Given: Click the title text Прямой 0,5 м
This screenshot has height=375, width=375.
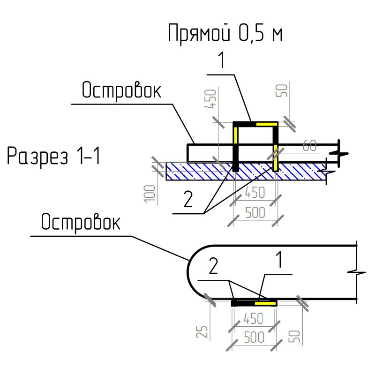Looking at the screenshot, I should pyautogui.click(x=225, y=34).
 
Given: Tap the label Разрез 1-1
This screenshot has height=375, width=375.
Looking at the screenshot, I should pyautogui.click(x=53, y=156).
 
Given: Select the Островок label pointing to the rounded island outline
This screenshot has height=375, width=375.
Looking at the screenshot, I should pyautogui.click(x=80, y=223).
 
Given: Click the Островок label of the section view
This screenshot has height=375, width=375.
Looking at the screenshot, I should pyautogui.click(x=121, y=90).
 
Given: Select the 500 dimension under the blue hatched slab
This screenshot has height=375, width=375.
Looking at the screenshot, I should pyautogui.click(x=255, y=212).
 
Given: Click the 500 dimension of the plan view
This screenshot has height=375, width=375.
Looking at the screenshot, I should pyautogui.click(x=255, y=337).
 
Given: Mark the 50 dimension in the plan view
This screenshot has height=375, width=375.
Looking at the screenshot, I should pyautogui.click(x=295, y=335).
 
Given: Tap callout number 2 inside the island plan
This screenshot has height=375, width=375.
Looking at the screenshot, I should pyautogui.click(x=213, y=266).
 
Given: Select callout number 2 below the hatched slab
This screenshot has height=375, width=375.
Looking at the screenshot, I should pyautogui.click(x=187, y=201).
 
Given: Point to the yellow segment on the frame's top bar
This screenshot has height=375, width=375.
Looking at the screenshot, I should pyautogui.click(x=265, y=124).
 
